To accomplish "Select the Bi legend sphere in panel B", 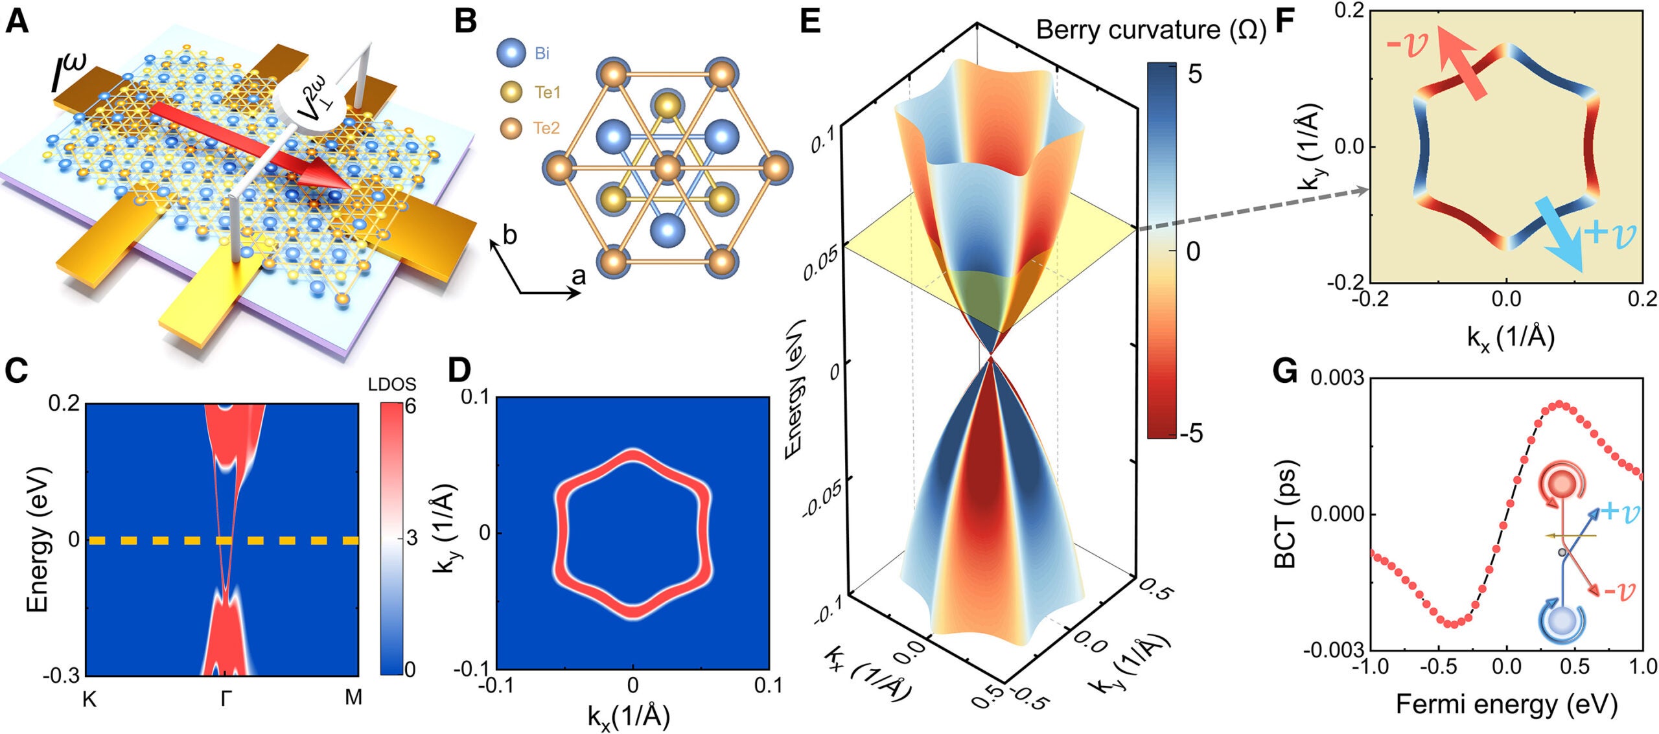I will [x=511, y=52].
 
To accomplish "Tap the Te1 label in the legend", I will [x=548, y=93].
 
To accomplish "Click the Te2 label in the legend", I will [x=546, y=128].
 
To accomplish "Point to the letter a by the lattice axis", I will [x=578, y=277].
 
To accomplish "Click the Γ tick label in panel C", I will [x=225, y=698].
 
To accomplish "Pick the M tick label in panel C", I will [x=353, y=697].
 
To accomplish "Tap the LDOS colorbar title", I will [x=391, y=384].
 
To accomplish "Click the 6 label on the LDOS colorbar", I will [x=410, y=407].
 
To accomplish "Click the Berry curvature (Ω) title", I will [x=1150, y=30].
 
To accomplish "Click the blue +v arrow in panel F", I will [x=1562, y=243].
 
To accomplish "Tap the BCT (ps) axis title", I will [x=1284, y=514].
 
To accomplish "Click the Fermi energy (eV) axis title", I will [x=1506, y=704].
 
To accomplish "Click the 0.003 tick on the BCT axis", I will [x=1336, y=378].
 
